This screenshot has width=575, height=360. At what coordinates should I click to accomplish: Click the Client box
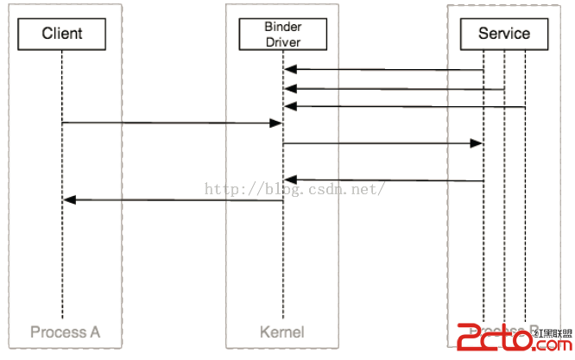tap(62, 34)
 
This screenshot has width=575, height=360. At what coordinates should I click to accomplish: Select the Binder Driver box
tap(282, 34)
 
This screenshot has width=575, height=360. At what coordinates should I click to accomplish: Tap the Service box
tap(504, 34)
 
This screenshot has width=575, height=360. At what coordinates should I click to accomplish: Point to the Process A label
tap(65, 332)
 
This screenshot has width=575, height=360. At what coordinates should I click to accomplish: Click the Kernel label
tap(281, 332)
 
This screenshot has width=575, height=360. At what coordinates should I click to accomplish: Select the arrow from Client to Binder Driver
tap(173, 123)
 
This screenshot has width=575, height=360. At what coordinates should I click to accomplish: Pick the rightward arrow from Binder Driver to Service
tap(380, 143)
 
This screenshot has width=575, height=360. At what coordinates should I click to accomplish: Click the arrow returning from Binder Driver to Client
tap(173, 200)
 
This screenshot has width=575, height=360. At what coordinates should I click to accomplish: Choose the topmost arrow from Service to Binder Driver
tap(384, 69)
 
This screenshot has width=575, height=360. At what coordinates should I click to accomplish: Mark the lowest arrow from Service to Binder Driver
tap(384, 181)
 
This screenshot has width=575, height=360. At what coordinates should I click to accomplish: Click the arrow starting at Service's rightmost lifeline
tap(406, 107)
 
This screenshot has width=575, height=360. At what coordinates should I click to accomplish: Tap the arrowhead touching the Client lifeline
tap(70, 200)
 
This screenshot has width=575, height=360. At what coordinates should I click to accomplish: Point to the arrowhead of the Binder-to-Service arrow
tap(476, 143)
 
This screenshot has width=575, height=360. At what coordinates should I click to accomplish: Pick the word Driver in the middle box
tap(282, 41)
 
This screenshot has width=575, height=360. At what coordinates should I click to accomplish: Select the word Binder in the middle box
tap(282, 27)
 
